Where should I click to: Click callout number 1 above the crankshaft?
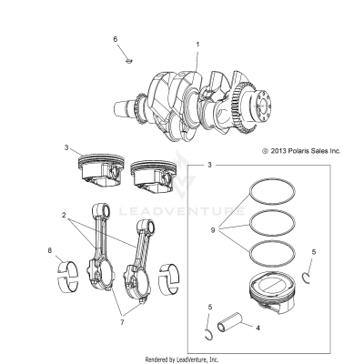[197, 44]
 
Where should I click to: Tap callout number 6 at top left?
[116, 39]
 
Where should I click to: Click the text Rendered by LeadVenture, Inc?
[181, 359]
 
